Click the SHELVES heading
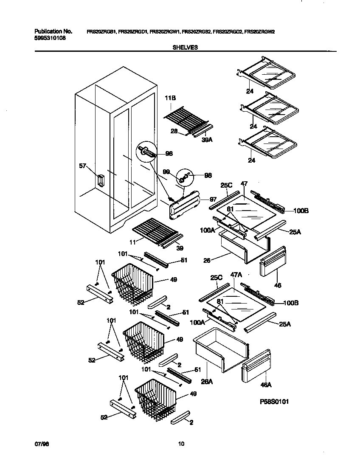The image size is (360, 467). tap(185, 48)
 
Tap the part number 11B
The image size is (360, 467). tap(170, 98)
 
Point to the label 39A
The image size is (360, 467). tap(207, 139)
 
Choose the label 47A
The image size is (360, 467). tap(236, 275)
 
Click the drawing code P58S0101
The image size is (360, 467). tap(275, 401)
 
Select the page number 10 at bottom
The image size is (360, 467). tap(181, 444)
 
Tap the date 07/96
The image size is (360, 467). tap(39, 444)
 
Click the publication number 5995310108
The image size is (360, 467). tap(50, 38)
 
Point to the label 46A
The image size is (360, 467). tap(266, 385)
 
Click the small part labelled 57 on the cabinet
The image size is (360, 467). tap(101, 180)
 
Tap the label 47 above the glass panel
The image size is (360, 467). tap(244, 184)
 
